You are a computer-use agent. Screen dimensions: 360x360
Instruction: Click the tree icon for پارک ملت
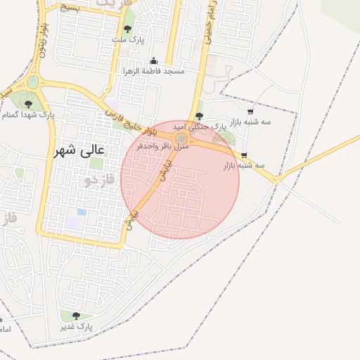tap(127, 29)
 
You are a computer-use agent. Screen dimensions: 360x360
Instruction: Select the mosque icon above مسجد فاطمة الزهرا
tap(154, 61)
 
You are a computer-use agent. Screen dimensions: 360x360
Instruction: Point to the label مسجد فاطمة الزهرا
tap(154, 72)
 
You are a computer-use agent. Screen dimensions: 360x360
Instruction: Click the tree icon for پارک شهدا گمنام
tap(28, 103)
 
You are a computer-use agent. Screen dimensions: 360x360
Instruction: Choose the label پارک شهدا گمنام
tap(28, 114)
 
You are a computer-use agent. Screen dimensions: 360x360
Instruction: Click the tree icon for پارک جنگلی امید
tap(200, 115)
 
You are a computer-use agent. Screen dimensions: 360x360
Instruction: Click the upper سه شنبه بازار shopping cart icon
tap(250, 111)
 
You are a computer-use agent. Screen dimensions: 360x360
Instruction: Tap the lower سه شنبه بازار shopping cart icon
tap(244, 155)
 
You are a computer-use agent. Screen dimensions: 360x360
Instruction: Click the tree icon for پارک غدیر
tap(76, 316)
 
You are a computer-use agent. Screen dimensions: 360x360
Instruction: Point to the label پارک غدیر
tap(76, 327)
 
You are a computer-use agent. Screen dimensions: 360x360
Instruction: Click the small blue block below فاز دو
tap(82, 212)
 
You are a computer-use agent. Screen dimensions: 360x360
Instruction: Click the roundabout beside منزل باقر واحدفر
tap(181, 133)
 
